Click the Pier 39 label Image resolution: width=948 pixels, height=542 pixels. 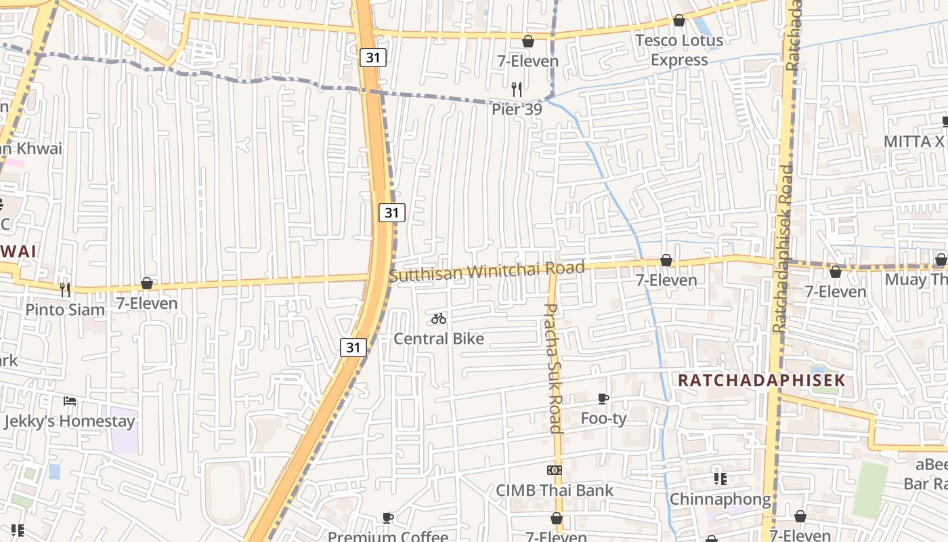(517, 109)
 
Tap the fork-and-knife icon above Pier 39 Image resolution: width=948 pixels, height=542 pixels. (517, 89)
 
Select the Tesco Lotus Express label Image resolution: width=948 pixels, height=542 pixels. (678, 50)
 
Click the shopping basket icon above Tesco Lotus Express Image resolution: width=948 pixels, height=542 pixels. (678, 21)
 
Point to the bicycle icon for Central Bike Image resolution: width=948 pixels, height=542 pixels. (439, 318)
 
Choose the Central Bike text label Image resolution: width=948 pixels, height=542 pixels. (439, 338)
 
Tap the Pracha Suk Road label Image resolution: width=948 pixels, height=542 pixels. (553, 368)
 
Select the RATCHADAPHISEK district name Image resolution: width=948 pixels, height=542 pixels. (762, 380)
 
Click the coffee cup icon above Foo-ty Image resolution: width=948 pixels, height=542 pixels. (603, 398)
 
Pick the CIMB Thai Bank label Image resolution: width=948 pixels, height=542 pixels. (554, 490)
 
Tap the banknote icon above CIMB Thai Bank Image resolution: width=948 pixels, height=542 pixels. (554, 470)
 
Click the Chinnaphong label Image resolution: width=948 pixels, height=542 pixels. (720, 499)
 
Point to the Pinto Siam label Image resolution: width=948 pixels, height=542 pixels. (65, 310)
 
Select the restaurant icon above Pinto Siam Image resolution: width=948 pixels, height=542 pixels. (65, 289)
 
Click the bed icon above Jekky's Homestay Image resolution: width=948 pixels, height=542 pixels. (69, 401)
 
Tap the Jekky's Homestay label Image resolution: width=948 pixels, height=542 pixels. (69, 421)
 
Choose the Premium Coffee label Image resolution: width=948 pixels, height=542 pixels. (388, 537)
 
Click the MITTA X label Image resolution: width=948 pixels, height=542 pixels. (914, 141)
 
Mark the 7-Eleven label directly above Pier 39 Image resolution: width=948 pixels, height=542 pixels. (527, 61)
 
